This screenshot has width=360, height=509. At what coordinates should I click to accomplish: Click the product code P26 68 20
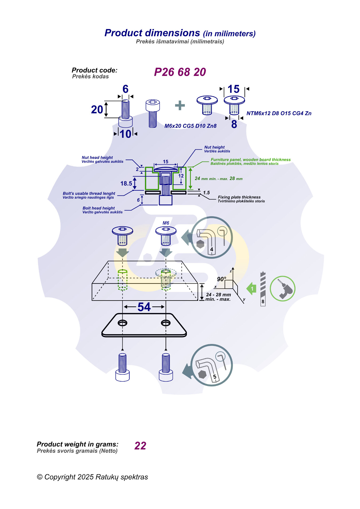click(180, 72)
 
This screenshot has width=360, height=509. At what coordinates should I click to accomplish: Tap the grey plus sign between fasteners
click(180, 105)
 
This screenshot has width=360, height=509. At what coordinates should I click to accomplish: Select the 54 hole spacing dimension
click(144, 307)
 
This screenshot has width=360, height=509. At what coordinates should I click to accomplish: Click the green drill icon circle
click(282, 288)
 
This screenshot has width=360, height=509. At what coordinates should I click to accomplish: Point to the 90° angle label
click(221, 279)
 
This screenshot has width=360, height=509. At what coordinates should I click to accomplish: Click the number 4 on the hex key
click(211, 249)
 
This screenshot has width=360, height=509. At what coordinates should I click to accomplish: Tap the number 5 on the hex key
click(215, 377)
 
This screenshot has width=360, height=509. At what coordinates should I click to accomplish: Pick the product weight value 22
click(140, 446)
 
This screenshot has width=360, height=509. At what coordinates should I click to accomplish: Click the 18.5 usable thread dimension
click(126, 183)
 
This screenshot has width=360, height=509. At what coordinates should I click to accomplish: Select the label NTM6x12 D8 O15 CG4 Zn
click(279, 113)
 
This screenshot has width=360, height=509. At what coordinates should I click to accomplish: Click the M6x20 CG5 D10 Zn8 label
click(190, 126)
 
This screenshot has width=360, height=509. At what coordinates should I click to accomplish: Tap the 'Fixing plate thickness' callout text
click(239, 197)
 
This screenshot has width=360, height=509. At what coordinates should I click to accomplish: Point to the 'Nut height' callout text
click(214, 147)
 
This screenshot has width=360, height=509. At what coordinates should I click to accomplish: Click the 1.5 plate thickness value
click(206, 193)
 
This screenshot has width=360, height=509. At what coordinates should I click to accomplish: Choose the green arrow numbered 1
click(251, 288)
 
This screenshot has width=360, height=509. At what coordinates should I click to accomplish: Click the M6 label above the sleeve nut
click(166, 223)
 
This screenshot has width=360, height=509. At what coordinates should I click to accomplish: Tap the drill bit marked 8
click(263, 289)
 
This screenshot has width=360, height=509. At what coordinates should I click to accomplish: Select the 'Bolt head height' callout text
click(99, 208)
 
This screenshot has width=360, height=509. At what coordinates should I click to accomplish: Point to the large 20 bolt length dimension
click(97, 110)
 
